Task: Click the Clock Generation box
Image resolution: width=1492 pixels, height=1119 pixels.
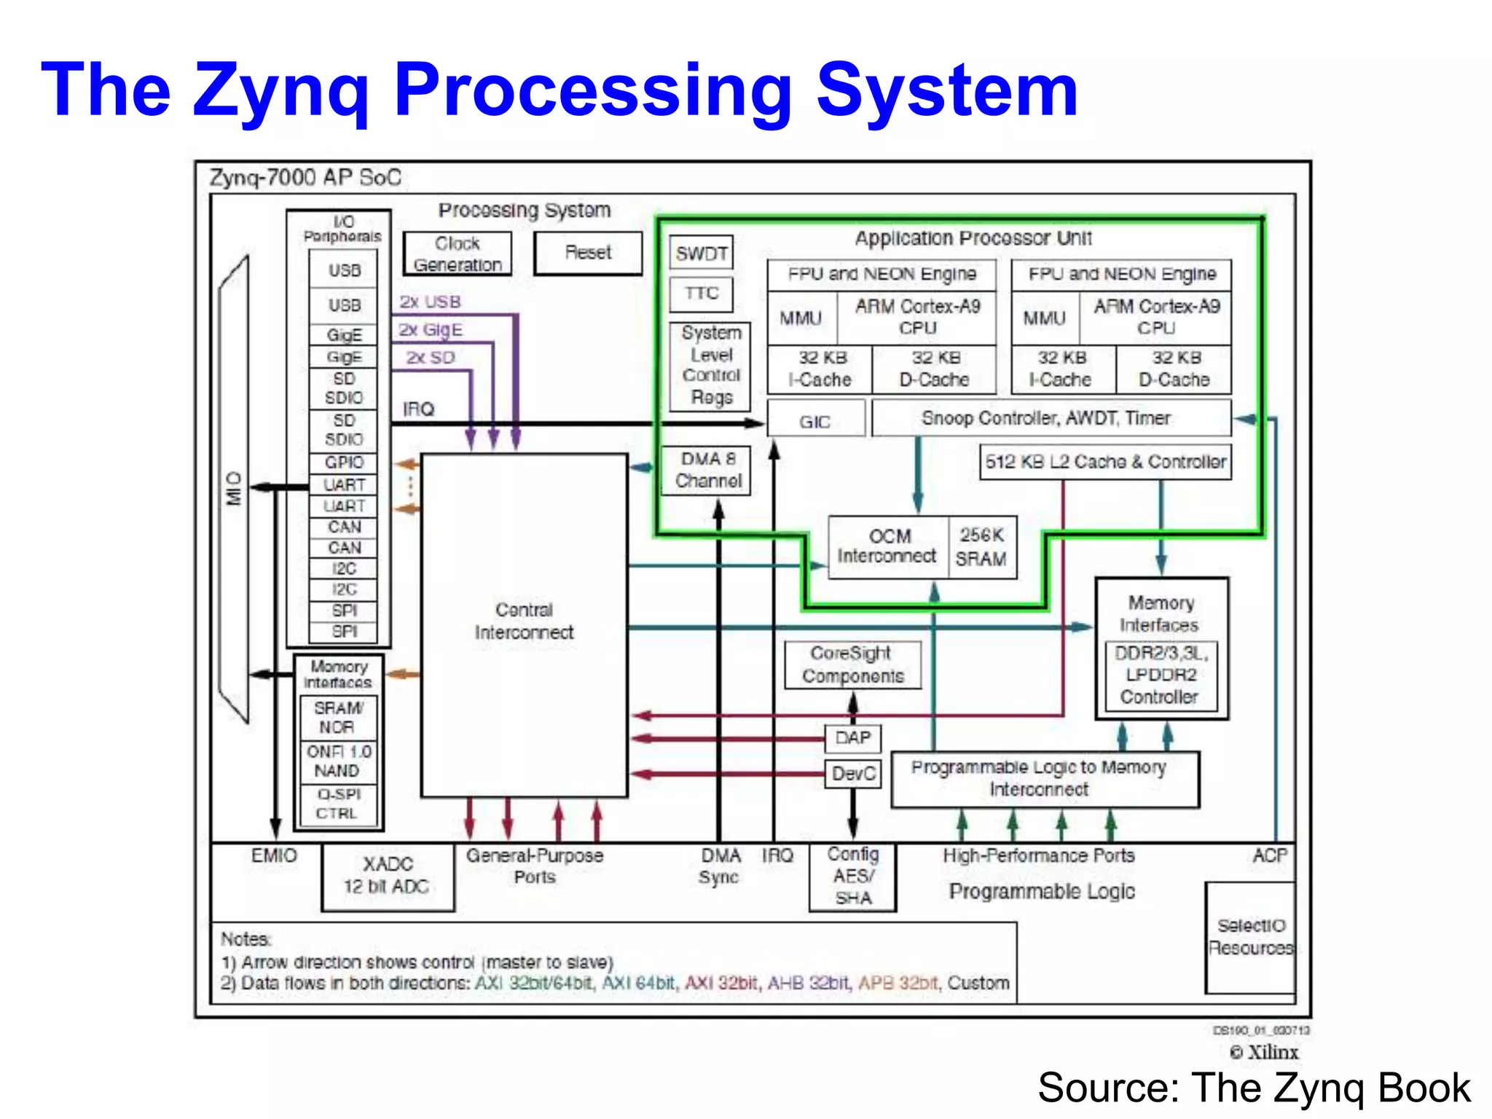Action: pos(458,254)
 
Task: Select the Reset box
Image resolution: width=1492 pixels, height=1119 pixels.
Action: pos(588,253)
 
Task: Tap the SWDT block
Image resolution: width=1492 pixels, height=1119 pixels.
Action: pos(701,253)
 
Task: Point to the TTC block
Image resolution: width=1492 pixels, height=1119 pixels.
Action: pos(701,293)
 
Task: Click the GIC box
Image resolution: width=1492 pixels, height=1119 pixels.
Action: pos(815,420)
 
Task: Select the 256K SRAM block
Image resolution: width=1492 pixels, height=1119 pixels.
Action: pos(981,547)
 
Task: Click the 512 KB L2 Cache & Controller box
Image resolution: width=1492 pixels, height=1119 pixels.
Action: pos(1104,462)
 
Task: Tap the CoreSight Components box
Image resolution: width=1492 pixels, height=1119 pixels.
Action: pos(852,664)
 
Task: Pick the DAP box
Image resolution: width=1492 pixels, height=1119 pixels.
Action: pos(852,738)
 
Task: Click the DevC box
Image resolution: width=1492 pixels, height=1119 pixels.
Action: pos(852,774)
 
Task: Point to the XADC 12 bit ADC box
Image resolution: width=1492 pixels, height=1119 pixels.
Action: pos(387,876)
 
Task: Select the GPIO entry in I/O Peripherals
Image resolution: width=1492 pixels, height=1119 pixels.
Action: pos(344,463)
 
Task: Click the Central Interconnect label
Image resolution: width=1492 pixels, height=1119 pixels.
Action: pos(524,621)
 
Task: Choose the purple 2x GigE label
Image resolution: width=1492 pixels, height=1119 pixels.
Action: pos(430,330)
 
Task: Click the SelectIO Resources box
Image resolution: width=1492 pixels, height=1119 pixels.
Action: pos(1250,937)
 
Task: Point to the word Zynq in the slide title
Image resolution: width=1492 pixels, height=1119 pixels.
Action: pos(280,91)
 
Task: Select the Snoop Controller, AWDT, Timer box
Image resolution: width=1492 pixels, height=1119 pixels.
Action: pos(1046,418)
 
